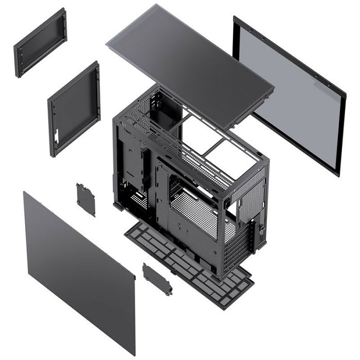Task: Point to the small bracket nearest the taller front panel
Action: coord(86,200)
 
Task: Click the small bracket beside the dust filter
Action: coord(157,279)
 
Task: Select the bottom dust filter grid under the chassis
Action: coord(190,262)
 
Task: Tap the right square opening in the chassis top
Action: coord(234,154)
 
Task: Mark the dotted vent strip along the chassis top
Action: coord(175,149)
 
